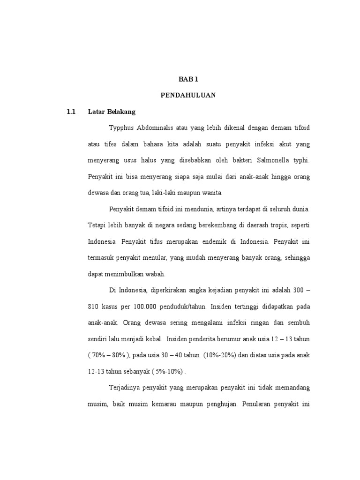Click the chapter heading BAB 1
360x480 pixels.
tap(188, 80)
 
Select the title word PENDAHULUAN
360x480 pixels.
tap(188, 95)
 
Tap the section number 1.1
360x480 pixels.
tap(71, 112)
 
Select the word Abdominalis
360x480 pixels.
tap(159, 128)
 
